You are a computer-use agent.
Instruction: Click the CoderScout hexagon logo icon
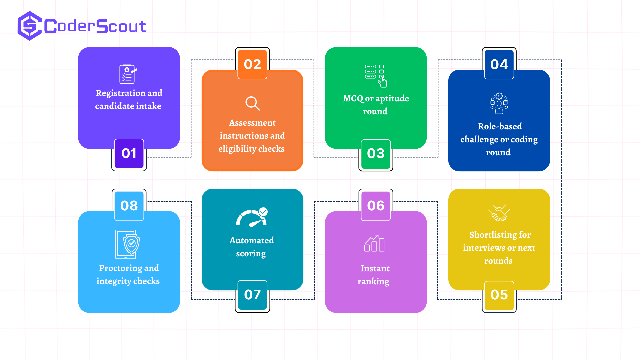click(30, 26)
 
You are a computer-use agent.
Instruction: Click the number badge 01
click(129, 154)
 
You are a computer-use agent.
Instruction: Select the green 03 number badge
click(376, 154)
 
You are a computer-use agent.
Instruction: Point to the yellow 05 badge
click(499, 295)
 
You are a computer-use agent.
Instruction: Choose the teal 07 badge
click(252, 295)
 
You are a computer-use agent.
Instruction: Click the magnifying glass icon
click(252, 103)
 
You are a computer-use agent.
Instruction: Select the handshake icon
click(499, 213)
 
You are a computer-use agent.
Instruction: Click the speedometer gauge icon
click(252, 217)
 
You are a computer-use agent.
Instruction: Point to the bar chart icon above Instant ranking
click(374, 243)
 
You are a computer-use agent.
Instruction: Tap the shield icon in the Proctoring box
click(131, 244)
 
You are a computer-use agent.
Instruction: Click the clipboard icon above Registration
click(128, 74)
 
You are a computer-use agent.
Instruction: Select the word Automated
click(252, 240)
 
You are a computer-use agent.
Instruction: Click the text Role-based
click(500, 126)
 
